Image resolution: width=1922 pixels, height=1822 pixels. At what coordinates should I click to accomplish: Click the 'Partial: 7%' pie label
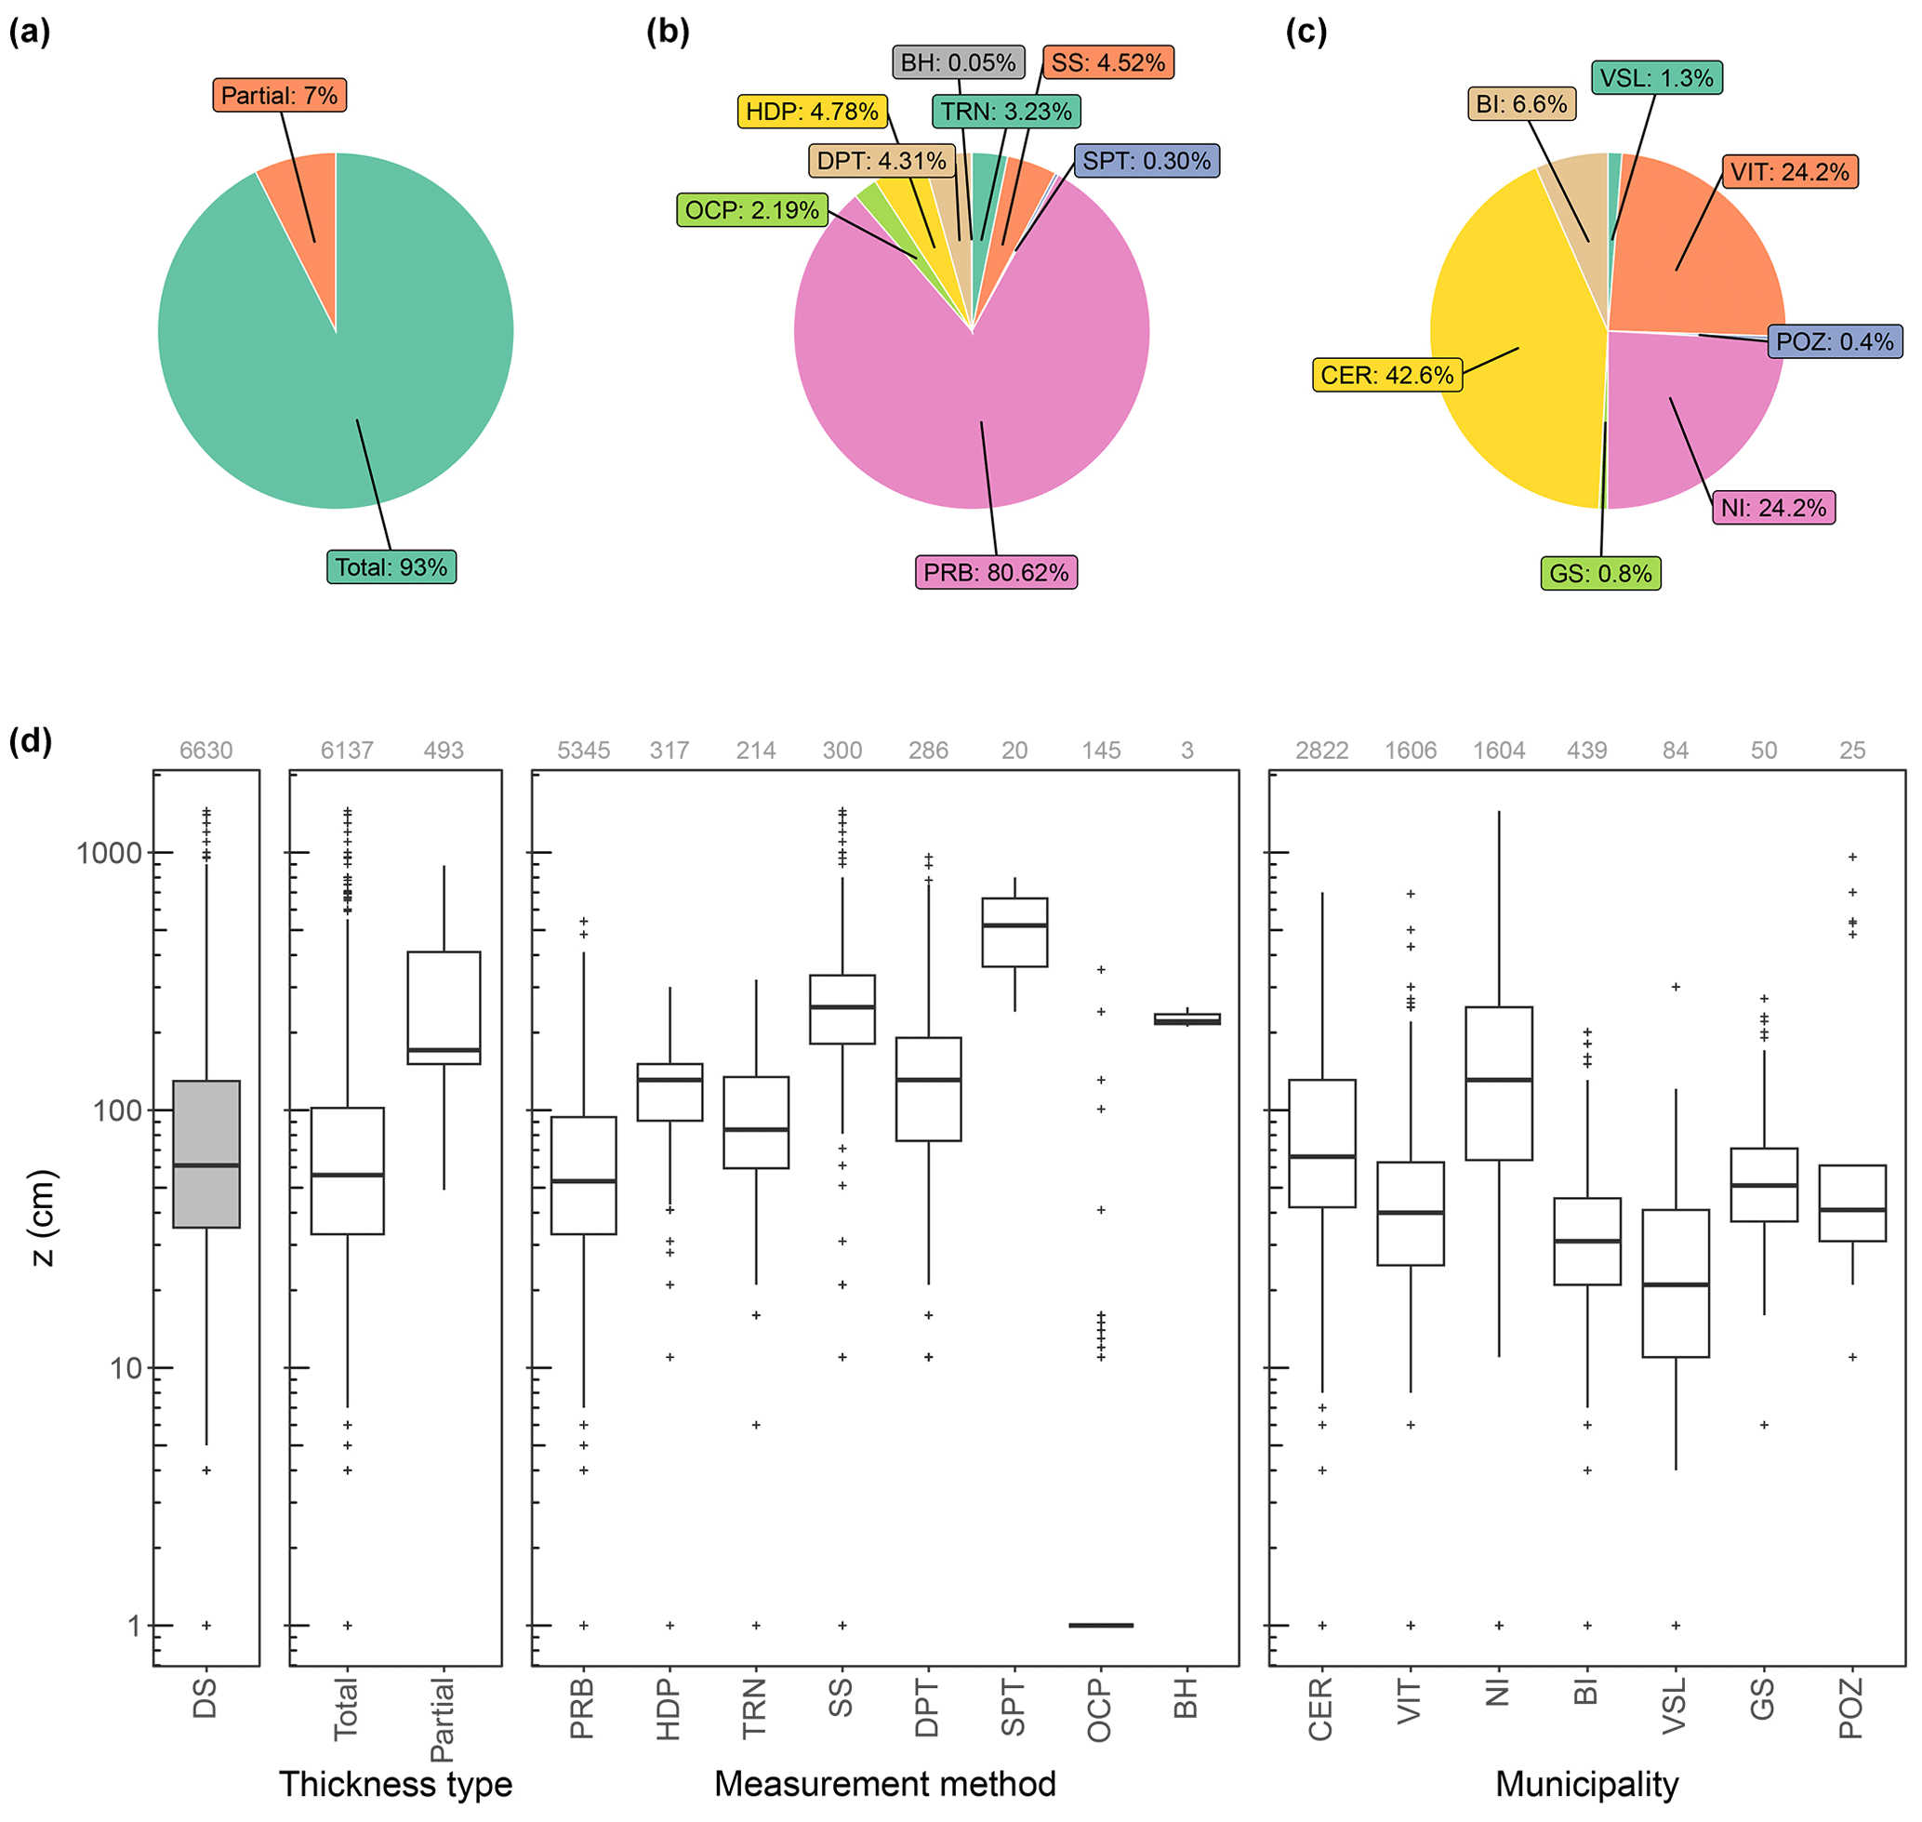click(280, 95)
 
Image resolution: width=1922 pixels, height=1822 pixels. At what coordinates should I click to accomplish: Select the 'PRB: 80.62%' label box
click(996, 572)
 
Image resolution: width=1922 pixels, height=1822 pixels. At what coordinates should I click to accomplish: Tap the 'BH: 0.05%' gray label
click(958, 63)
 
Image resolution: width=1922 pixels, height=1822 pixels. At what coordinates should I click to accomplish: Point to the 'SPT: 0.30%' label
click(1147, 160)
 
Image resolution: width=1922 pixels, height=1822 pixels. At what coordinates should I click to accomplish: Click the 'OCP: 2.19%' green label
click(751, 210)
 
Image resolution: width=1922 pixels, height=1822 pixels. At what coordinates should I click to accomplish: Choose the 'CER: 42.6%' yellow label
click(1386, 375)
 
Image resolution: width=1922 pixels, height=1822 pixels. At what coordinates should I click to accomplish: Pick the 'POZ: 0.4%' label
click(1835, 342)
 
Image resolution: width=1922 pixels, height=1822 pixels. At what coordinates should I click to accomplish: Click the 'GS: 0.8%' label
click(1600, 573)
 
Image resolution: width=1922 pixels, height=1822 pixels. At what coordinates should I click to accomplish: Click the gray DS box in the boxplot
click(205, 1154)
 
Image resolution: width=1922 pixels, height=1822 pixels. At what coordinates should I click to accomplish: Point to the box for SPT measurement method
click(1014, 932)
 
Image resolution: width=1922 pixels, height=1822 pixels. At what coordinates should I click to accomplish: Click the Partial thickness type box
click(444, 1007)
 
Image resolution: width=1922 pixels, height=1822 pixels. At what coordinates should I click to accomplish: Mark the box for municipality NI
click(1499, 1083)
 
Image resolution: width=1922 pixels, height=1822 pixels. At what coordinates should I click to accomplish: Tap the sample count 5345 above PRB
click(583, 751)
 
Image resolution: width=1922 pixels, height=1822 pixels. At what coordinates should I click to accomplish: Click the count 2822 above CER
click(1322, 751)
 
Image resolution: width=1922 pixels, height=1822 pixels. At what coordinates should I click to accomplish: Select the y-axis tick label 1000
click(109, 854)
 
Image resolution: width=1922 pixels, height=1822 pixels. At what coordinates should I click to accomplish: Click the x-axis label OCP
click(1099, 1710)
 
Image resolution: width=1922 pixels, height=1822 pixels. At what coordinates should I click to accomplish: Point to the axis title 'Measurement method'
click(885, 1784)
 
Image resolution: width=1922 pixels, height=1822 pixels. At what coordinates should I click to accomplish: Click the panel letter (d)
click(30, 741)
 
